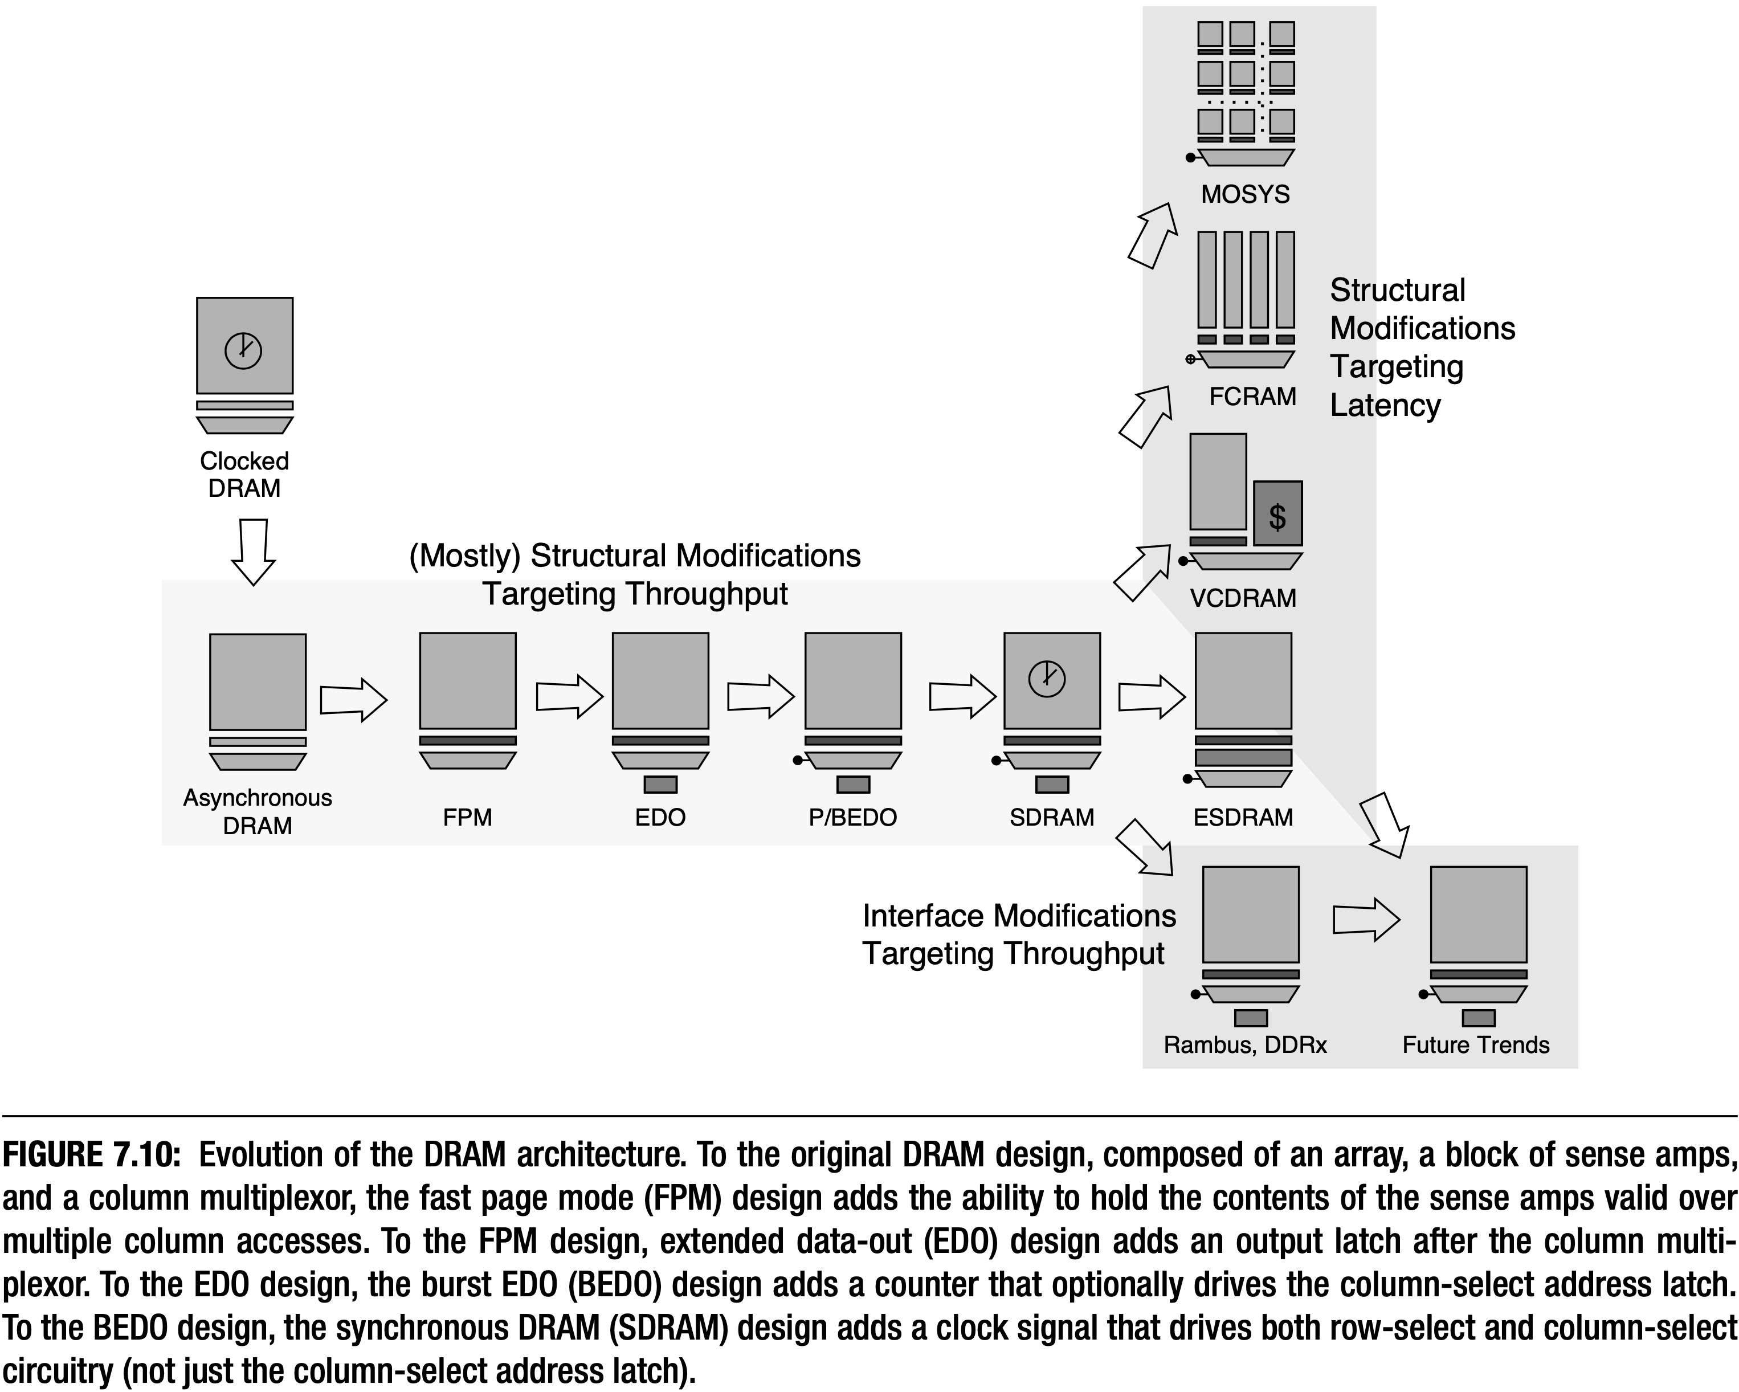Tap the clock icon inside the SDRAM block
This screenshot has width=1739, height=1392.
pyautogui.click(x=1047, y=678)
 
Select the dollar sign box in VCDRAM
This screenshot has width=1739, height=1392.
pyautogui.click(x=1277, y=515)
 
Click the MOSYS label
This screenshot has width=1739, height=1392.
pyautogui.click(x=1246, y=194)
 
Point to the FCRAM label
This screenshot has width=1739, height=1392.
pyautogui.click(x=1252, y=397)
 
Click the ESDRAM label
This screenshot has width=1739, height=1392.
pyautogui.click(x=1243, y=818)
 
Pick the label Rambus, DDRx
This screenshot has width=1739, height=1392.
pyautogui.click(x=1244, y=1045)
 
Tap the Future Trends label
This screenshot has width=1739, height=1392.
pyautogui.click(x=1475, y=1045)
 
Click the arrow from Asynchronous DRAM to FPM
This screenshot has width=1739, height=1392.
pyautogui.click(x=353, y=699)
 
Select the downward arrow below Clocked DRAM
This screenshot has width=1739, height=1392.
pyautogui.click(x=253, y=553)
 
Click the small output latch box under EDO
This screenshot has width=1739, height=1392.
pyautogui.click(x=660, y=785)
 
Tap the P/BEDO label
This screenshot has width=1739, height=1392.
pyautogui.click(x=852, y=818)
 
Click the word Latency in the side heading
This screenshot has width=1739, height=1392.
pyautogui.click(x=1385, y=405)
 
